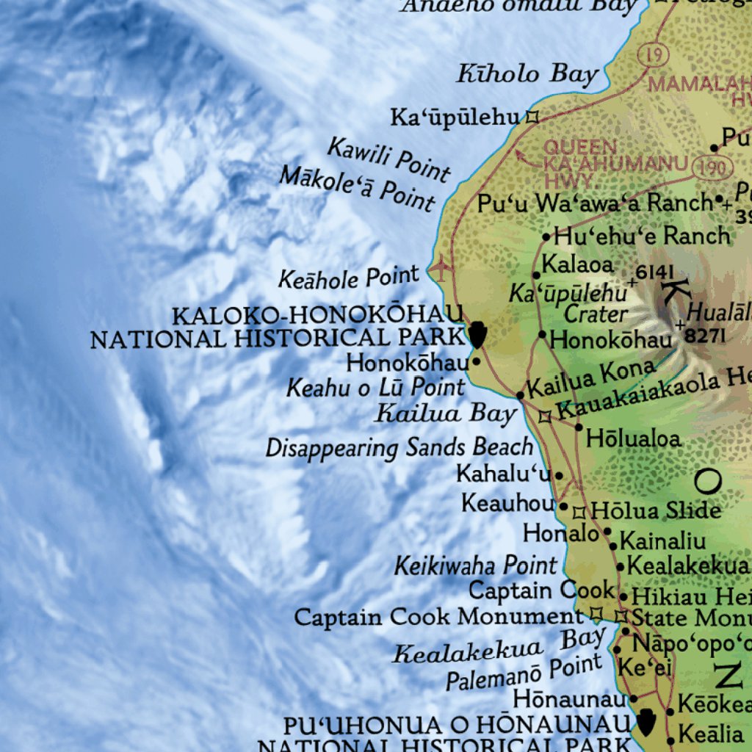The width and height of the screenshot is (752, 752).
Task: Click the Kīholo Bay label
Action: pyautogui.click(x=527, y=74)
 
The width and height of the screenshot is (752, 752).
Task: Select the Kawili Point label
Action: pyautogui.click(x=388, y=159)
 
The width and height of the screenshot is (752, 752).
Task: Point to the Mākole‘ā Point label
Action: pyautogui.click(x=358, y=188)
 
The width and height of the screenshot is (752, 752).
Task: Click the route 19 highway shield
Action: pyautogui.click(x=651, y=54)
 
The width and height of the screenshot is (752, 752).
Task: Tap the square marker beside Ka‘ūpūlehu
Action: pyautogui.click(x=532, y=116)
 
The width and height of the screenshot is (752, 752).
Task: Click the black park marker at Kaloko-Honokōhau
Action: pyautogui.click(x=477, y=334)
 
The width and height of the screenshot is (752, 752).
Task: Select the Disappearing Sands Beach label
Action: pyautogui.click(x=399, y=447)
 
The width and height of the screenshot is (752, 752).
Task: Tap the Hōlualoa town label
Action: pyautogui.click(x=633, y=439)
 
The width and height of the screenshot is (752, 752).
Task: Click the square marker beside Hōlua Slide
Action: pyautogui.click(x=579, y=513)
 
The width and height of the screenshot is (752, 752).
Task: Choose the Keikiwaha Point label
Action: pyautogui.click(x=476, y=566)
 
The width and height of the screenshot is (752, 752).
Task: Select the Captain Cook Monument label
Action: pyautogui.click(x=438, y=617)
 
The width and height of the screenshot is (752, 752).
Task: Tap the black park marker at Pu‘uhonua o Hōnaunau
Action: pyautogui.click(x=646, y=721)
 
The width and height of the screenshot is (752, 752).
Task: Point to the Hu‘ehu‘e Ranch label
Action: pyautogui.click(x=642, y=236)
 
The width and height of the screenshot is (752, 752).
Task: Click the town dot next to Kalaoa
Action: pyautogui.click(x=537, y=275)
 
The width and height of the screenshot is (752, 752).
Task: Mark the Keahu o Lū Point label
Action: pyautogui.click(x=375, y=387)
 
